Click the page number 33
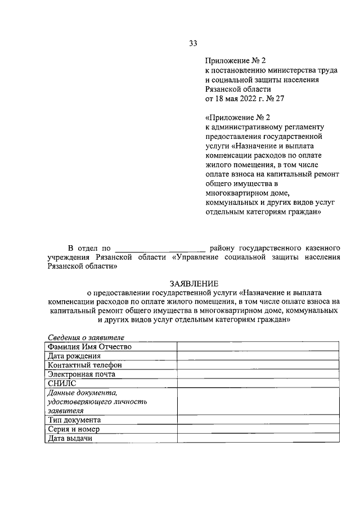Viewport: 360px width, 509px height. pyautogui.click(x=193, y=43)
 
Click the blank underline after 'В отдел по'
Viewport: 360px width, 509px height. pyautogui.click(x=159, y=247)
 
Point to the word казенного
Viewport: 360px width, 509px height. pyautogui.click(x=322, y=247)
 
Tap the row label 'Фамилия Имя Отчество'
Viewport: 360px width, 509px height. pyautogui.click(x=89, y=346)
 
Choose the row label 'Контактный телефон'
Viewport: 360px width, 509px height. pyautogui.click(x=84, y=364)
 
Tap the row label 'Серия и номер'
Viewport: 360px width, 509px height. pyautogui.click(x=73, y=429)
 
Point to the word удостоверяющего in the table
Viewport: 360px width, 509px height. pyautogui.click(x=97, y=402)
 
